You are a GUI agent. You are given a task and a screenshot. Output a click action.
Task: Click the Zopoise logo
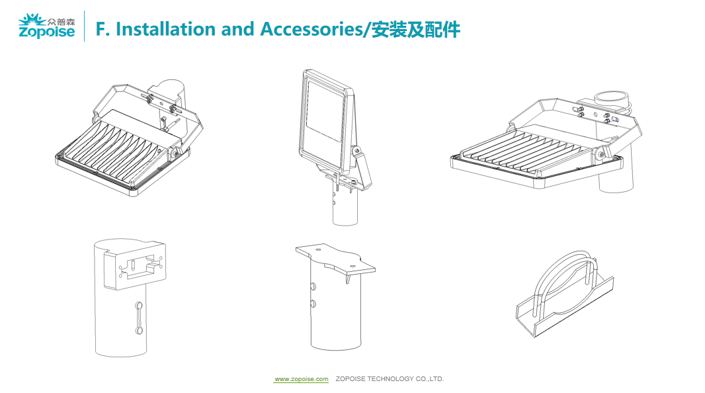[46, 26]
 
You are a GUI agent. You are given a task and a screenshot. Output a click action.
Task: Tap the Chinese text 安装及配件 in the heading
[416, 30]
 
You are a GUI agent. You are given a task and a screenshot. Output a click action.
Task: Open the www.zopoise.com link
[302, 379]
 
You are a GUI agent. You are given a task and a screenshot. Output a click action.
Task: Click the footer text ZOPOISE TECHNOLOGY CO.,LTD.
[390, 379]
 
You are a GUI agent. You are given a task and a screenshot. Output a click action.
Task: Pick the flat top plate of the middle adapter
[335, 259]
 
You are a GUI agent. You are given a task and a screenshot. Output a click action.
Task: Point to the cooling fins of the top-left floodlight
[122, 150]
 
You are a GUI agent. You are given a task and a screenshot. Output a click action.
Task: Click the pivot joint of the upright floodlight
[358, 152]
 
